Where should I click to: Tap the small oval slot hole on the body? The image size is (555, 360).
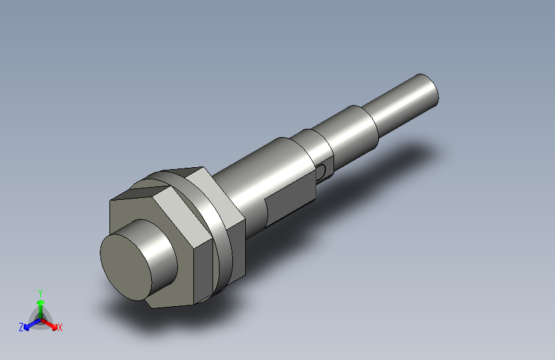[x=321, y=170]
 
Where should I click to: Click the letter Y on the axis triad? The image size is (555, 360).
[x=40, y=291]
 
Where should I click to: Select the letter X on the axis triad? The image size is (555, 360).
[x=60, y=327]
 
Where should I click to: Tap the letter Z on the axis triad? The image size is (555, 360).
[x=21, y=327]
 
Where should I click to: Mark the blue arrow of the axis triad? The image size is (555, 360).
[x=29, y=324]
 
